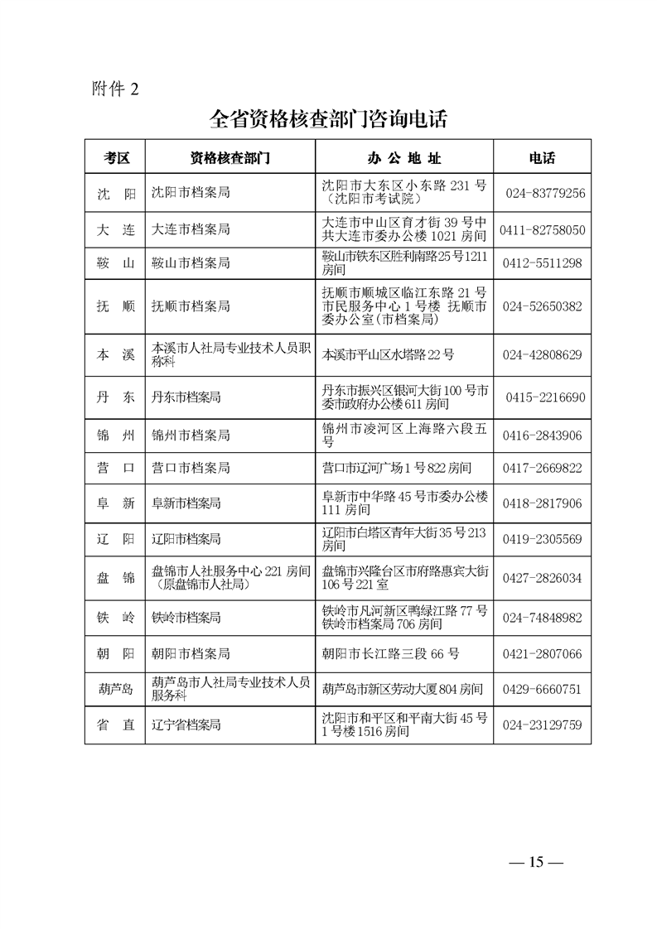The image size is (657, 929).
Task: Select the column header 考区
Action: pos(116,157)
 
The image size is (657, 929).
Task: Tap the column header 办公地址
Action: pos(404,157)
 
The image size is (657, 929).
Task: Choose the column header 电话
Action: pos(542,157)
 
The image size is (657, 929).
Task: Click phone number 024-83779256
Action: pos(544,193)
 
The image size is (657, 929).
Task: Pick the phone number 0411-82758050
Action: pos(543,229)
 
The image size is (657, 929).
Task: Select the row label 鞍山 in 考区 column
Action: pos(115,263)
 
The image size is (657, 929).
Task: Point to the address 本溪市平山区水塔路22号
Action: pos(388,354)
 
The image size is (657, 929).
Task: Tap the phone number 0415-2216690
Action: pos(544,397)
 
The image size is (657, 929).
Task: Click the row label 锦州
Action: pos(115,436)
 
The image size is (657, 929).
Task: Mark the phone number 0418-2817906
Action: pos(543,503)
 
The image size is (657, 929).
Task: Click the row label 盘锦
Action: pos(115,578)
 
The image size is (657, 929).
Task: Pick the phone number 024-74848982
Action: pos(543,618)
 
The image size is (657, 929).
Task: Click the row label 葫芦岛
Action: pos(115,689)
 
